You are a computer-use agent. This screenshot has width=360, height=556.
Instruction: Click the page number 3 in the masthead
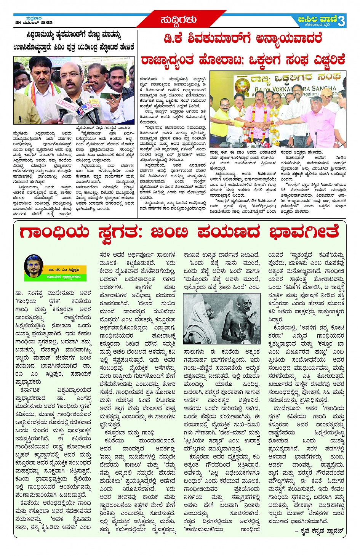[x=341, y=21]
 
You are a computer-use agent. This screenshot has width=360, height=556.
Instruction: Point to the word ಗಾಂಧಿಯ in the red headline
[x=54, y=232]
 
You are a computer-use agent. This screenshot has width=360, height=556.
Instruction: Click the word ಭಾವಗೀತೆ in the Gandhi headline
[x=304, y=232]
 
